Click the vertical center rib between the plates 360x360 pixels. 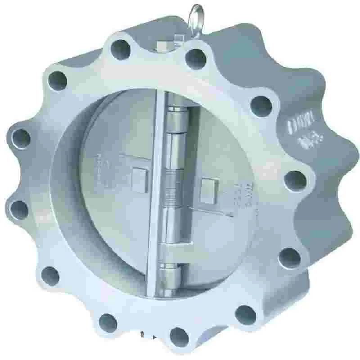(157, 193)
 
